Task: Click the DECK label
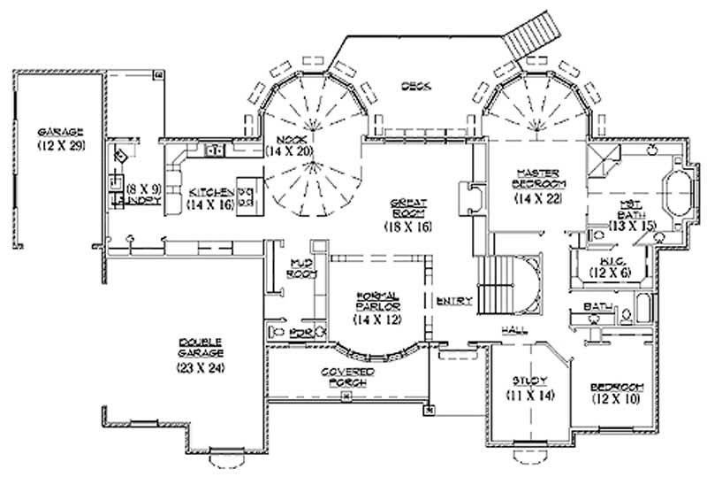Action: coord(415,86)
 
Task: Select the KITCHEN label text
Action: coord(210,192)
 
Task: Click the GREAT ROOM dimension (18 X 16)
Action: coord(408,227)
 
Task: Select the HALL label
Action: coord(515,329)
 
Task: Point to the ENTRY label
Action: coord(460,301)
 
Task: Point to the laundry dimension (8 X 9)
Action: coord(142,188)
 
